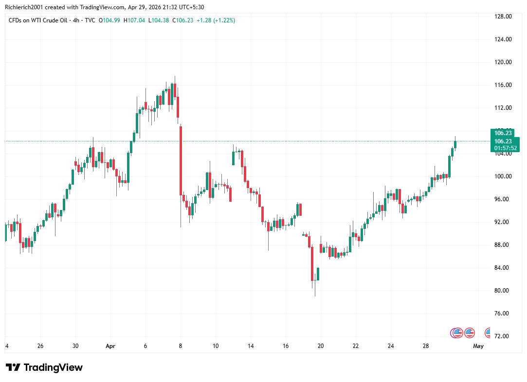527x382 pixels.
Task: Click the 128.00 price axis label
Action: coord(503,17)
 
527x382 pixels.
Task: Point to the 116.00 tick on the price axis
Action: coord(503,85)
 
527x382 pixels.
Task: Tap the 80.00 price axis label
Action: coord(503,291)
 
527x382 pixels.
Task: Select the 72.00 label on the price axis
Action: coord(503,336)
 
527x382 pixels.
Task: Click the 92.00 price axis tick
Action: coord(503,222)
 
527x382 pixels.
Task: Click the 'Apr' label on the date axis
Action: coord(110,346)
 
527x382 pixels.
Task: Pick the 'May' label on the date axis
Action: coord(478,346)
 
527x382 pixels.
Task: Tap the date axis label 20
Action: coord(321,346)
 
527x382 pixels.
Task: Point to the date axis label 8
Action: coord(181,346)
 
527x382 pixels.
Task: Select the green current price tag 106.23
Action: coord(503,141)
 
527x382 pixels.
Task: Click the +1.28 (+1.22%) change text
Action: coord(216,20)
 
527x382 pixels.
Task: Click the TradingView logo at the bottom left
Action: coord(44,367)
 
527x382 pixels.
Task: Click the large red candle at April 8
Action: coord(181,160)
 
